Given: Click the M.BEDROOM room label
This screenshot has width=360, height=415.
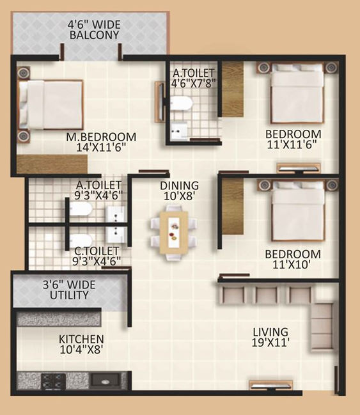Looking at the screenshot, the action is pos(101,142).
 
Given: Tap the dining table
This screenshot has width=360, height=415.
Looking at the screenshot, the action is pos(174,233).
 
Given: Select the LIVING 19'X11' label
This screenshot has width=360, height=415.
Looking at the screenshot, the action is pos(270,337).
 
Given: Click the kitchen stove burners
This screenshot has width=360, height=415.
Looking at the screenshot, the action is pos(53,381).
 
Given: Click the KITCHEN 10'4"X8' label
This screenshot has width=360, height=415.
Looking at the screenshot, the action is pos(81,344).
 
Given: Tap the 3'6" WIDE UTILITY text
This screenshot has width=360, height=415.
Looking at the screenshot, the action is pos(69,290).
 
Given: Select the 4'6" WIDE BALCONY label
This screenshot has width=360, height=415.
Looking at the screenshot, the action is pos(94,29).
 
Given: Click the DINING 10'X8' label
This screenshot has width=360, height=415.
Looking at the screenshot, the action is pos(180,191).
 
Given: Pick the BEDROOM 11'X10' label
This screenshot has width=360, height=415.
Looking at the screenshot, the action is pos(293,260).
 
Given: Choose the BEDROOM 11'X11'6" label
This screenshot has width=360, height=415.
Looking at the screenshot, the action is pos(293,139).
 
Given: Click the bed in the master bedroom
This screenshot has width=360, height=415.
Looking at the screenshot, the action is pos(51,105).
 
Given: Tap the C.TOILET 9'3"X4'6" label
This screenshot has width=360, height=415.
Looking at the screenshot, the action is pos(97,256).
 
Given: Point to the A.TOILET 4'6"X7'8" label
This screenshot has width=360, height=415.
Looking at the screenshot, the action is pos(193,78).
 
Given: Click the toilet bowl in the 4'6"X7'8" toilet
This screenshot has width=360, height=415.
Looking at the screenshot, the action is pos(180,103).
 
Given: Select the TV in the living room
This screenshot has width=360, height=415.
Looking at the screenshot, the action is pos(270,386).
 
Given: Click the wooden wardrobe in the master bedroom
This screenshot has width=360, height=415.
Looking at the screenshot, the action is pos(52,164).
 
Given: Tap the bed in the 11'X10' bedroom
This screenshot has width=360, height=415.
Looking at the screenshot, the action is pos(298,211).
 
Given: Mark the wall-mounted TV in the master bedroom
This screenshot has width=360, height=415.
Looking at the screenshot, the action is pos(159,102).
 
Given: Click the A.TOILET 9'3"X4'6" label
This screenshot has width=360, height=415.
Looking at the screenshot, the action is pos(98,190).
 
